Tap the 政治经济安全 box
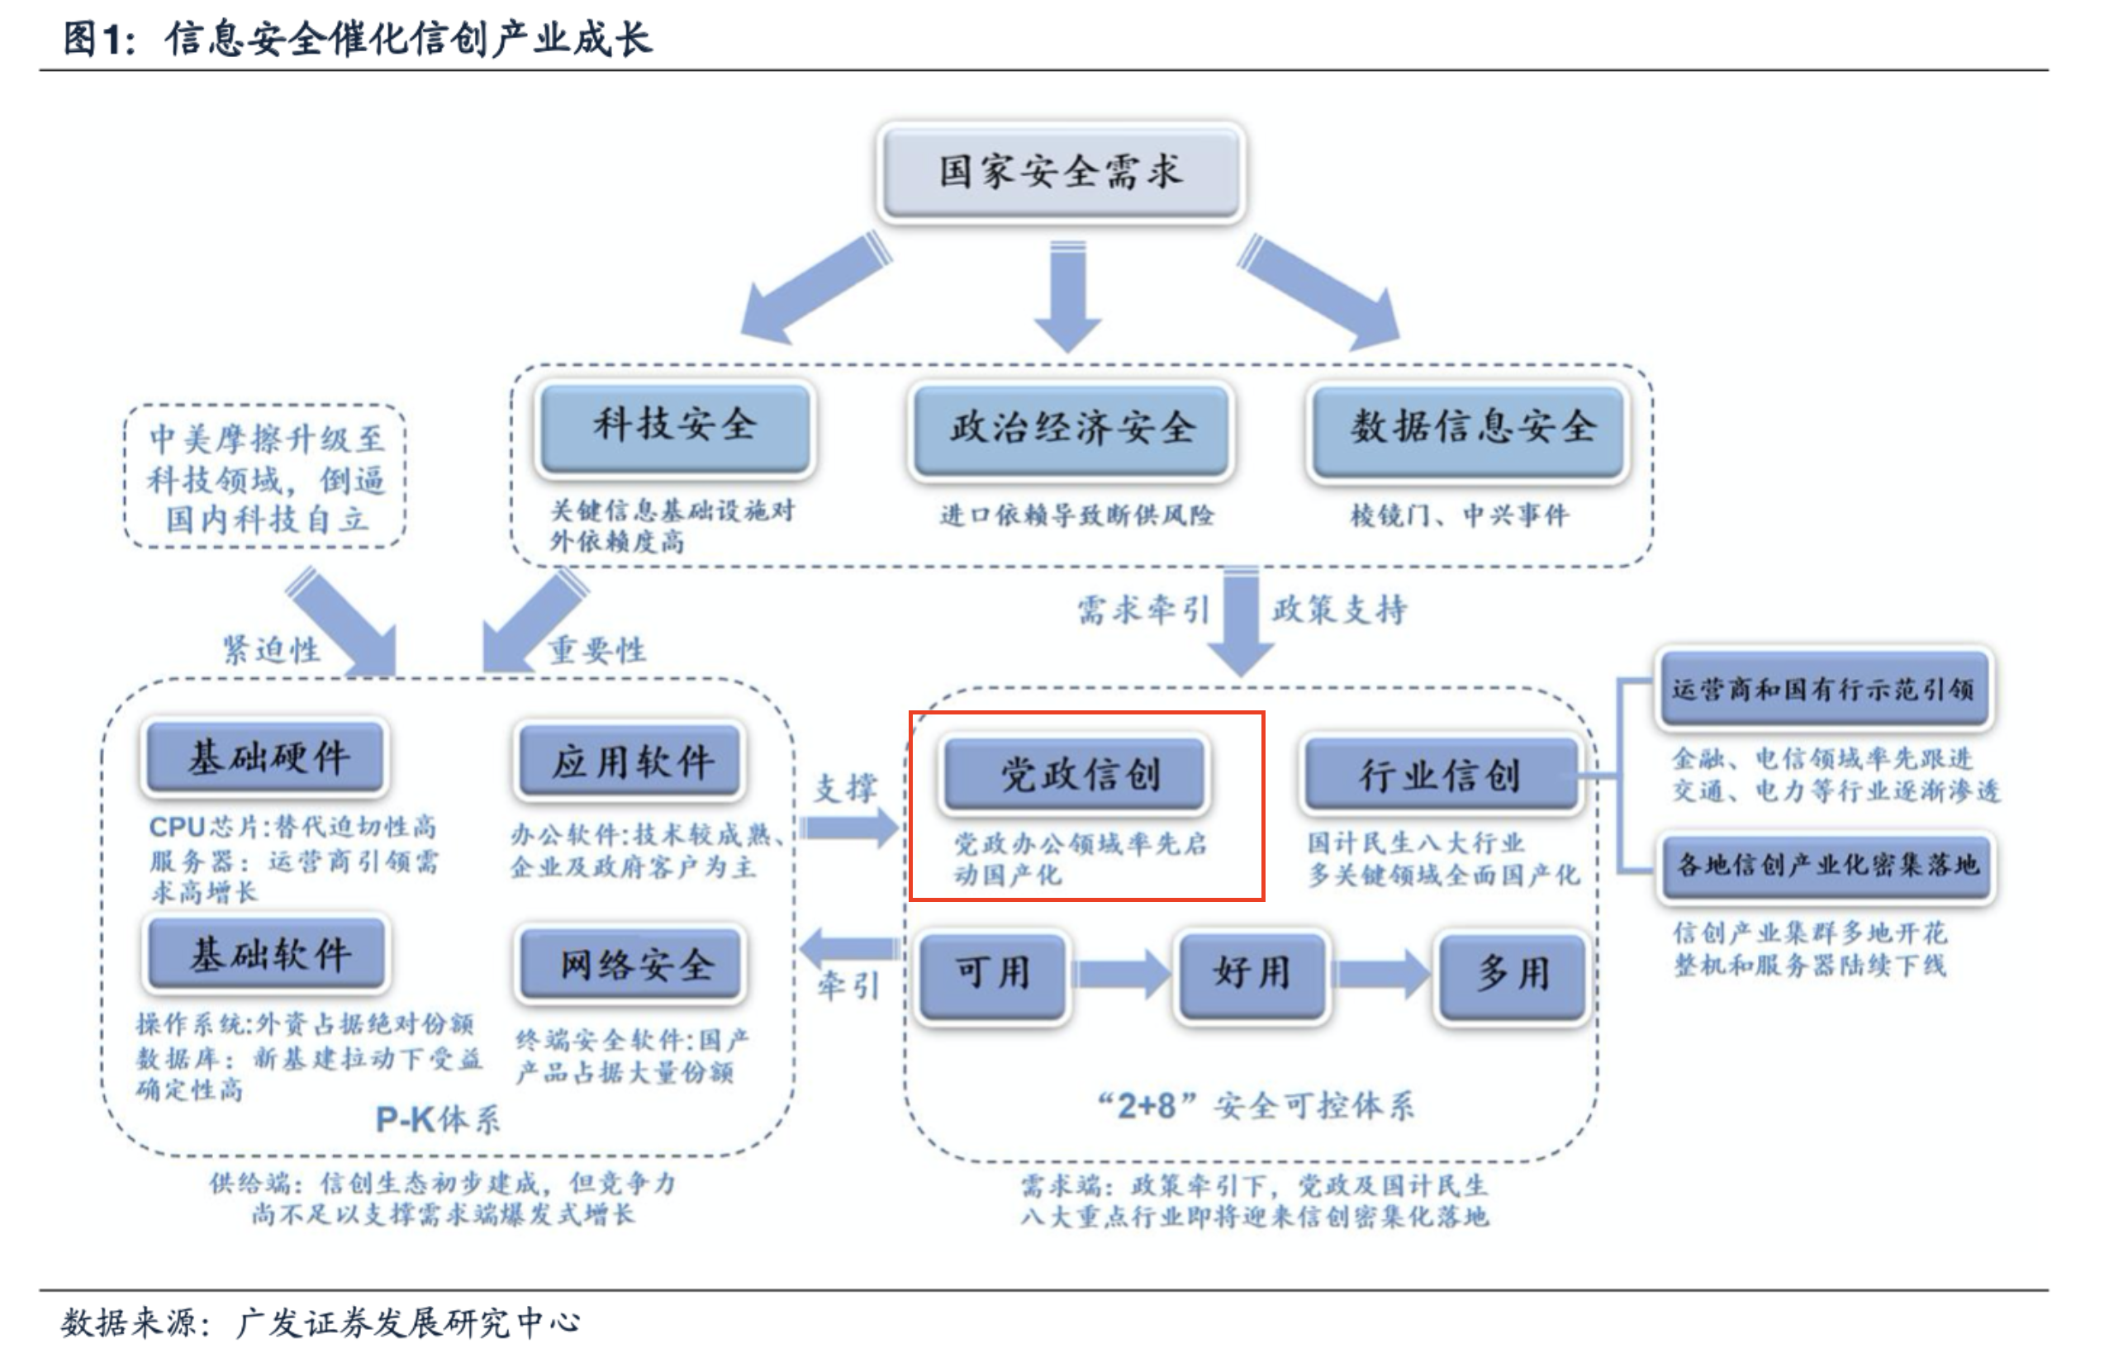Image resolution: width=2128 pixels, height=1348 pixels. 1071,430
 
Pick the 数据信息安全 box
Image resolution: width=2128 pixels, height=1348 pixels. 1470,430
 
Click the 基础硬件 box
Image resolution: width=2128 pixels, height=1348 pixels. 266,757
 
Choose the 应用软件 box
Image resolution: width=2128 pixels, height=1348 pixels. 630,761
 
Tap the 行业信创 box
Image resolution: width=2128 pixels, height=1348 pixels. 1440,775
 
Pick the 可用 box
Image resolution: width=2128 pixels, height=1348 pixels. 992,975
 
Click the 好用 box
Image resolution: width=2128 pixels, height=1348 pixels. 1252,975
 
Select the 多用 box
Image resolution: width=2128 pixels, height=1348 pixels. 1513,975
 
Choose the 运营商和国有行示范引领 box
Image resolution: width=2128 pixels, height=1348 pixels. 1824,689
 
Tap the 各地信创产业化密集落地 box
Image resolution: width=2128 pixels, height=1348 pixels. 1826,866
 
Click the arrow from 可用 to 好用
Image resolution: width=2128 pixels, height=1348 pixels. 1120,975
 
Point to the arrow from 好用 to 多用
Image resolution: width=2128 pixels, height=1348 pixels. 1382,975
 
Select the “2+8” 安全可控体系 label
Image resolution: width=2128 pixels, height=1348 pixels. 1255,1105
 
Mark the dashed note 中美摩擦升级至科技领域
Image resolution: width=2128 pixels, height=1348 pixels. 265,478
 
